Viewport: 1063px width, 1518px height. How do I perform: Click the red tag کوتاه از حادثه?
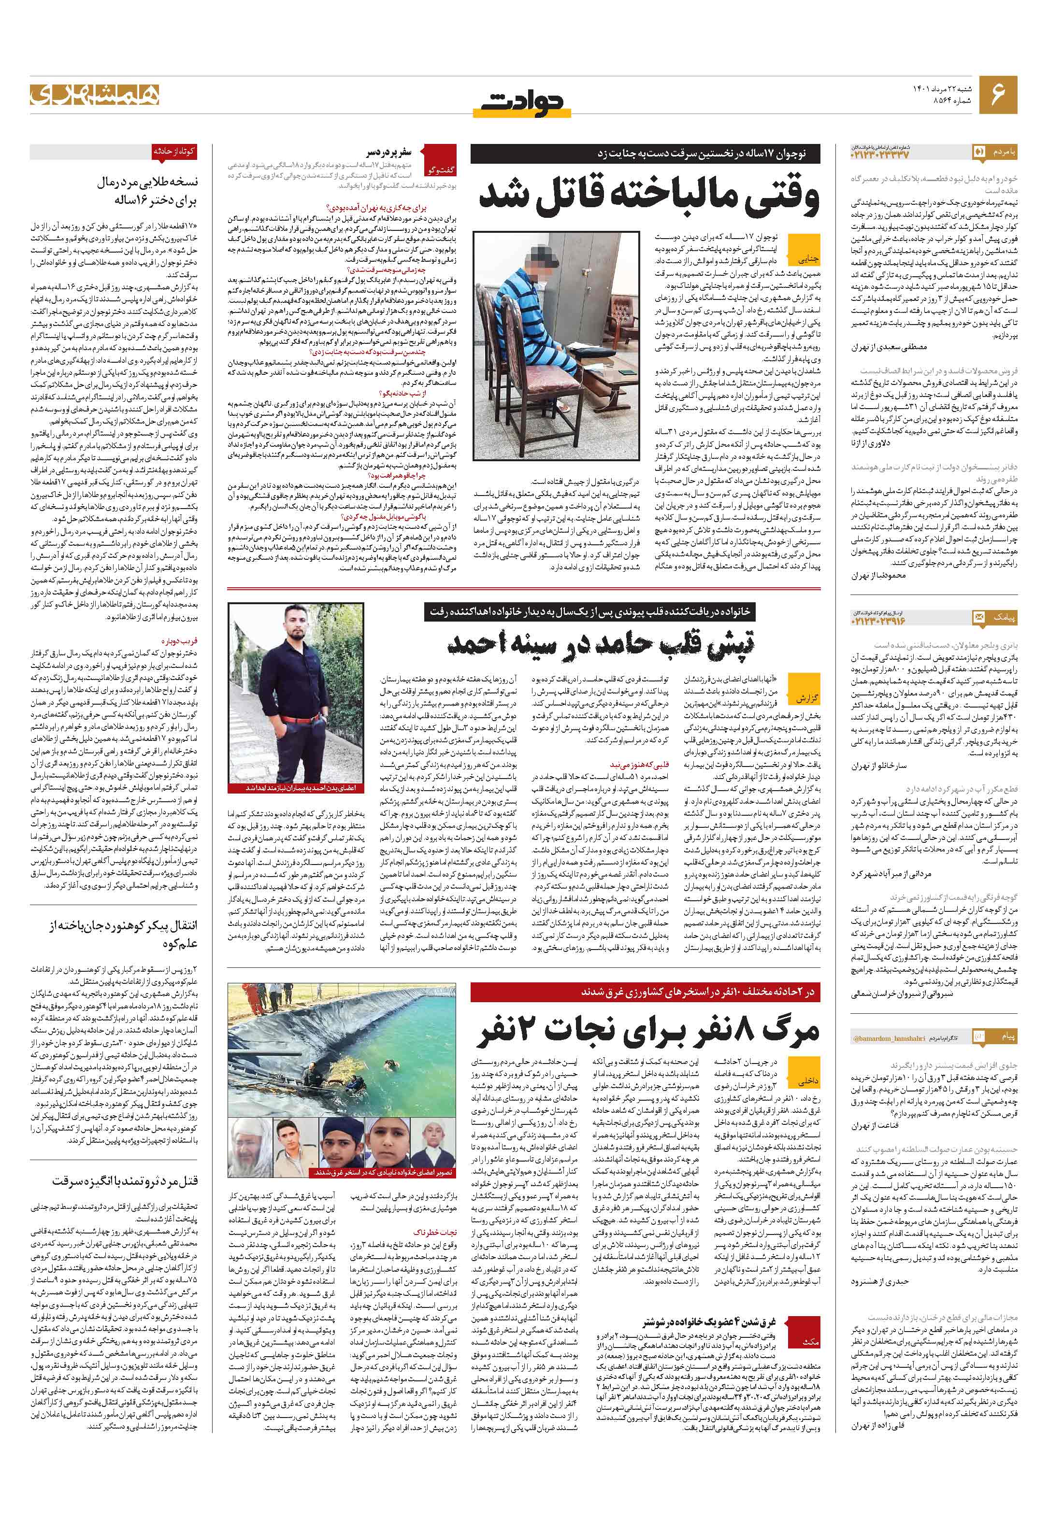tap(174, 151)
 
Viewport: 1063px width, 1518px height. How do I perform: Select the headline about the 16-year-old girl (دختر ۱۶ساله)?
tap(147, 192)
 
